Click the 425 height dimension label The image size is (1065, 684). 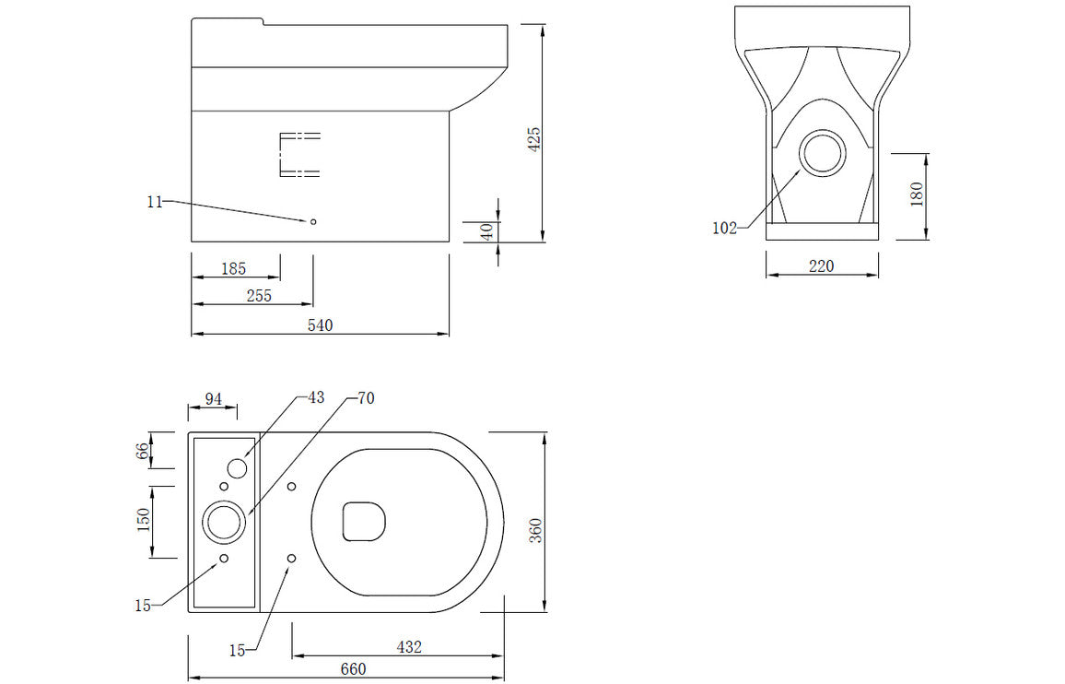534,138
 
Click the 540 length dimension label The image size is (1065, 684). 320,324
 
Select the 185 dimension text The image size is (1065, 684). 234,268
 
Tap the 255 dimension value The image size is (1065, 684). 258,296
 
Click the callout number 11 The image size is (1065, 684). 154,201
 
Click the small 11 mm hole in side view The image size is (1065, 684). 313,221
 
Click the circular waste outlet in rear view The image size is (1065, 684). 821,154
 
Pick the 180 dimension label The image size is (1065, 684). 917,195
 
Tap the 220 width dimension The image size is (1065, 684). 821,266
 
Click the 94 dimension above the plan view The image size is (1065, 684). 213,399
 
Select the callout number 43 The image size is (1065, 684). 316,397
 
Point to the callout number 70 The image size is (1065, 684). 366,398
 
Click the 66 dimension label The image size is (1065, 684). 143,451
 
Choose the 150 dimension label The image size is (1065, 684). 143,521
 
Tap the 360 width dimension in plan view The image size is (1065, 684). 536,529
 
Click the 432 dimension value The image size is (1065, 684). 408,647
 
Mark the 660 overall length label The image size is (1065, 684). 353,669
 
